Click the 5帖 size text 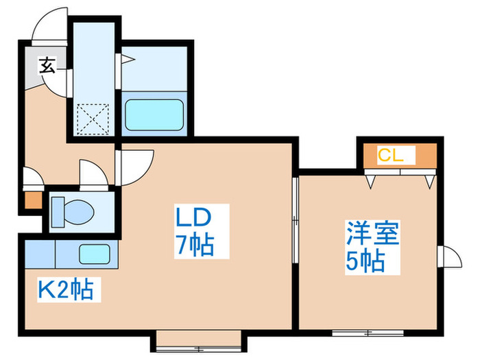[x=363, y=261]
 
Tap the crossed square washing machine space [x=93, y=119]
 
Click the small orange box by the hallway [x=32, y=200]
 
